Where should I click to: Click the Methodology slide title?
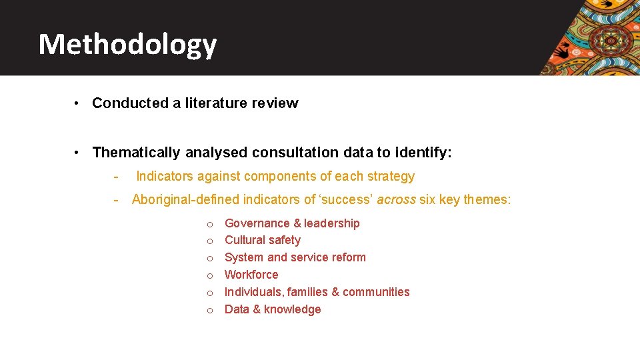click(127, 45)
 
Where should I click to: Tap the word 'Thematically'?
click(136, 153)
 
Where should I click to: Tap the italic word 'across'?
click(397, 199)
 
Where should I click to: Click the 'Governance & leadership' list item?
click(292, 223)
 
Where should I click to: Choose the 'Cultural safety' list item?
click(262, 240)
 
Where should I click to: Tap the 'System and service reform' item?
click(295, 257)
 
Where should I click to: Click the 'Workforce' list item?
click(251, 275)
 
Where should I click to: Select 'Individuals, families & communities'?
click(317, 292)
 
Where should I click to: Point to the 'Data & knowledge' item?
click(273, 309)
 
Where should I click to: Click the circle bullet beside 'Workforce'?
click(209, 275)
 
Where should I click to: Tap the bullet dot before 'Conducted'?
click(78, 103)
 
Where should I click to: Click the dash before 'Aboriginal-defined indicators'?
click(116, 199)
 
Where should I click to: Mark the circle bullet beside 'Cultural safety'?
click(209, 241)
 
